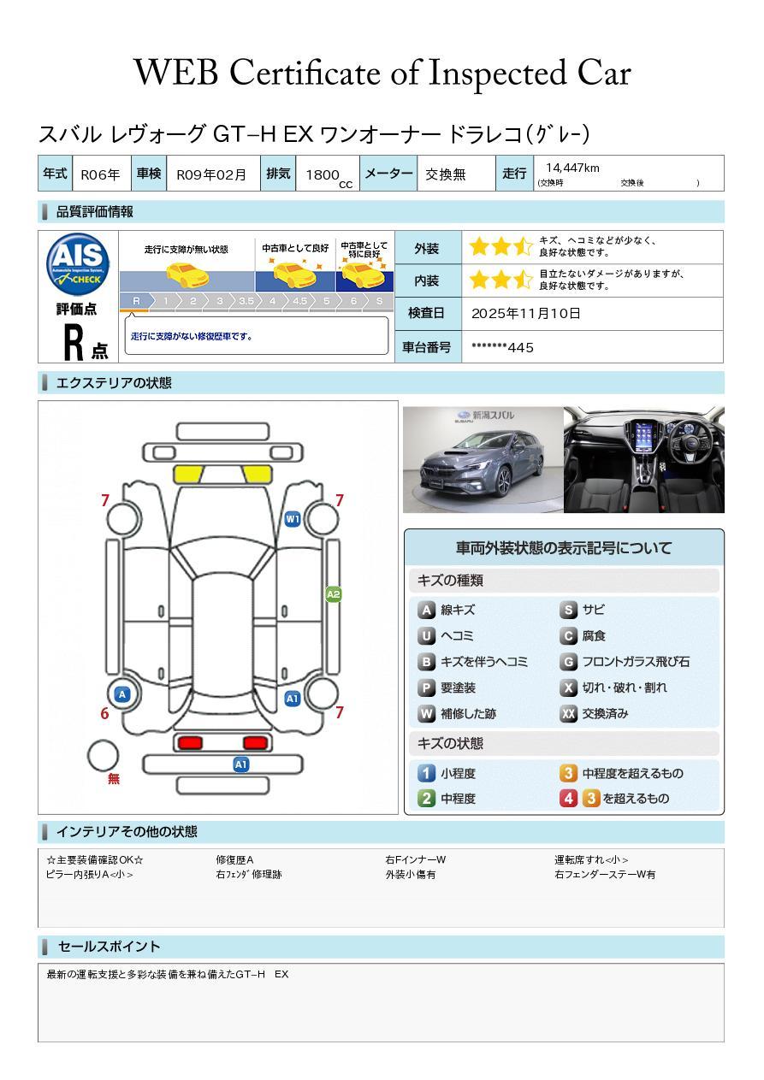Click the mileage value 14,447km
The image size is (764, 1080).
tap(572, 168)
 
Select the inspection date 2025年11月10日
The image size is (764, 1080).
tap(526, 313)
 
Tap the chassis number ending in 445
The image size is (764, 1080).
tap(502, 347)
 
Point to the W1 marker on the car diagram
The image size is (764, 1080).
tap(293, 519)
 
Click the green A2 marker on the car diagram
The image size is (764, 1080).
tap(334, 594)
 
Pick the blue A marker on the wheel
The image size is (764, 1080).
tap(122, 694)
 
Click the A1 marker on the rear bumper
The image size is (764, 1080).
tap(240, 764)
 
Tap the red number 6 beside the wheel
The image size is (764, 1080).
tap(104, 713)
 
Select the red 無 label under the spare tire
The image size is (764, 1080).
tap(114, 777)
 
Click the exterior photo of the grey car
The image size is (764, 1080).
tap(483, 459)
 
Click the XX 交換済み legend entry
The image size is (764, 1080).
tap(595, 713)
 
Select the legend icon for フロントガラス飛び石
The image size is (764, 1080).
tap(569, 662)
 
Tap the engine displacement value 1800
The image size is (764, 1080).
tap(323, 174)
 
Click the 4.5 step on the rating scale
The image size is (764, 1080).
tap(299, 301)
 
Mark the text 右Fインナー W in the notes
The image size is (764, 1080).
tap(415, 859)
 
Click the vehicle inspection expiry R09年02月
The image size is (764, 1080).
tap(211, 174)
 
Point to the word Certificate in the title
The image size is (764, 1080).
tap(305, 73)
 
